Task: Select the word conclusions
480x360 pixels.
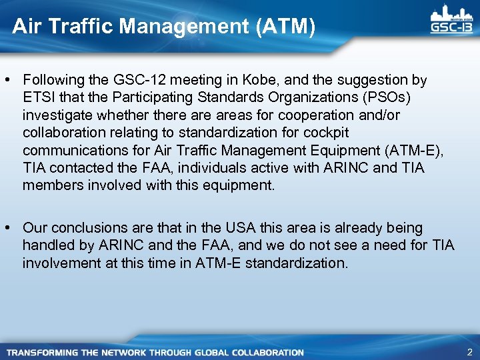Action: pos(87,229)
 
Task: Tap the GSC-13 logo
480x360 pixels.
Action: pos(451,20)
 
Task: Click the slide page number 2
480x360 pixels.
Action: pos(470,352)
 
